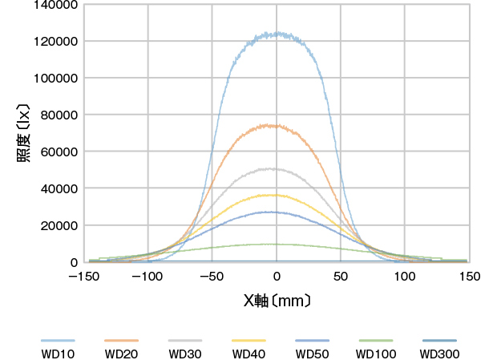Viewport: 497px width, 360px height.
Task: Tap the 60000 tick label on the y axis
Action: click(x=59, y=152)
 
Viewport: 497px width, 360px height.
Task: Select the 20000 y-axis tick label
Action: click(x=59, y=226)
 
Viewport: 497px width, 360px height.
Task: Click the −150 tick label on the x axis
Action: click(x=83, y=276)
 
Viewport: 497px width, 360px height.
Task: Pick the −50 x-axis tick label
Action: click(x=212, y=276)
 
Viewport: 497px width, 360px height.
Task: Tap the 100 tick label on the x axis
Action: click(x=406, y=276)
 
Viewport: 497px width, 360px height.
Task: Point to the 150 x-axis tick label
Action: click(x=470, y=276)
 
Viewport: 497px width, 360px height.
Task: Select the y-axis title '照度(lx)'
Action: click(x=23, y=132)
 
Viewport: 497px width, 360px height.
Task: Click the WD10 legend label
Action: click(x=58, y=354)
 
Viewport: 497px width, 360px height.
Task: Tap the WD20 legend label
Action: click(x=121, y=354)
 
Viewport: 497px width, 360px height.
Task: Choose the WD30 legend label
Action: click(x=185, y=354)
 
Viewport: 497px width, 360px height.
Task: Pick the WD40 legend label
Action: click(x=248, y=354)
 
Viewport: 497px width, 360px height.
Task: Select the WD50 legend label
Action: click(x=312, y=354)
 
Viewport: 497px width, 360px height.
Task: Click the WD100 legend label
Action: click(x=376, y=354)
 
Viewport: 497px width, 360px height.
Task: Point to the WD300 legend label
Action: click(x=439, y=354)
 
